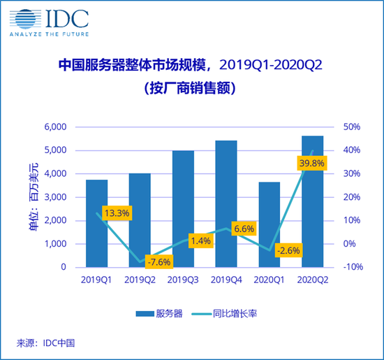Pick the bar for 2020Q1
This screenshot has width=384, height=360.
269,224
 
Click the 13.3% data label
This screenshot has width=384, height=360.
117,213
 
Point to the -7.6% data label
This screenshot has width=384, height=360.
158,262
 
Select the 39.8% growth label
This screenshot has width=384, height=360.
311,163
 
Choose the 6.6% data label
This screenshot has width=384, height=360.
244,229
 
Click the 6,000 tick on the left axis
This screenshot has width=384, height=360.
54,127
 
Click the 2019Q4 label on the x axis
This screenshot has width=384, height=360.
226,280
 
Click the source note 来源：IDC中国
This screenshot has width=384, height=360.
45,343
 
